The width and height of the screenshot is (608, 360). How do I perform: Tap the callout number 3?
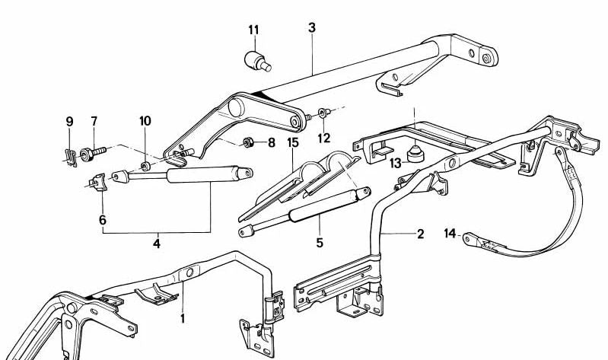tap(312, 27)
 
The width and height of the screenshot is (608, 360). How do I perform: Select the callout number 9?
tap(69, 122)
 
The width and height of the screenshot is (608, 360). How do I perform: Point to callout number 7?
tap(94, 122)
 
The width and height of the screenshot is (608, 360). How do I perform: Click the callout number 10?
tap(145, 122)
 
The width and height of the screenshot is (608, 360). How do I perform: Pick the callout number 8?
tap(272, 142)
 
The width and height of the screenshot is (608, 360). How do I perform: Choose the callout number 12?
tap(325, 138)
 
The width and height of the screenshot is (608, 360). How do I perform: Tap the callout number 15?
tap(293, 143)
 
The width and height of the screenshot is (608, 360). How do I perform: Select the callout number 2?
tap(420, 234)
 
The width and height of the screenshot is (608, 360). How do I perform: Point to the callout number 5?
tap(320, 243)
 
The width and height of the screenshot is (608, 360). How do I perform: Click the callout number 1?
tap(182, 318)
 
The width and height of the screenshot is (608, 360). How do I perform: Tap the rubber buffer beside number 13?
tap(415, 155)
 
